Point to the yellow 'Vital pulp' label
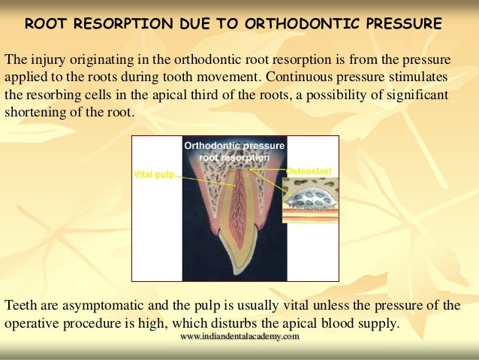tap(153, 174)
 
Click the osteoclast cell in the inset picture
tap(310, 198)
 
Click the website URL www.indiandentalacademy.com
tap(239, 337)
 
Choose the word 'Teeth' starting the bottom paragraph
tap(21, 306)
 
